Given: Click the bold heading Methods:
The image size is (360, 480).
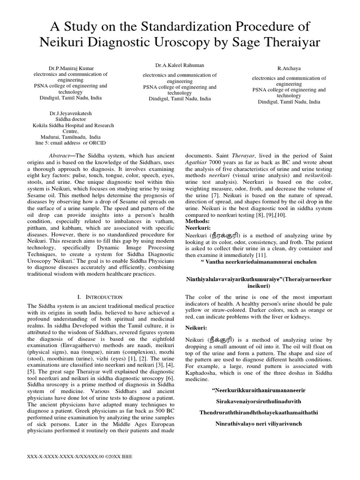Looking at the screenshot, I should (198, 220).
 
